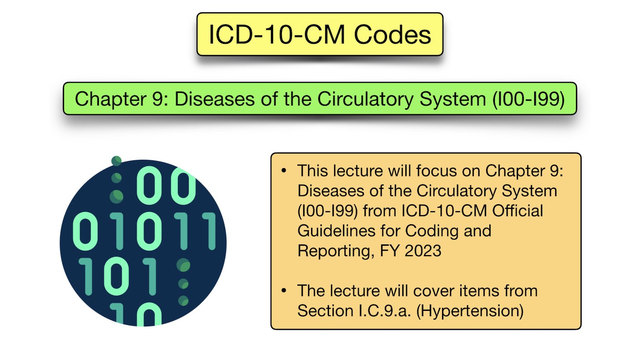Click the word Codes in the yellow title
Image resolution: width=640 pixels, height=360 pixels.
(392, 35)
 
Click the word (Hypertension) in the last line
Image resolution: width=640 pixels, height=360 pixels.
(470, 311)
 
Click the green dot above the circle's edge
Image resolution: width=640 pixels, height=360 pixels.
(116, 161)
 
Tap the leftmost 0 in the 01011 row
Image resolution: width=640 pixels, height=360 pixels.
(86, 231)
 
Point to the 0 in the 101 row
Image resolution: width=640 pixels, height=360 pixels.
(116, 276)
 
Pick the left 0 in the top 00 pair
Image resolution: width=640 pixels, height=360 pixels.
(149, 186)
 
